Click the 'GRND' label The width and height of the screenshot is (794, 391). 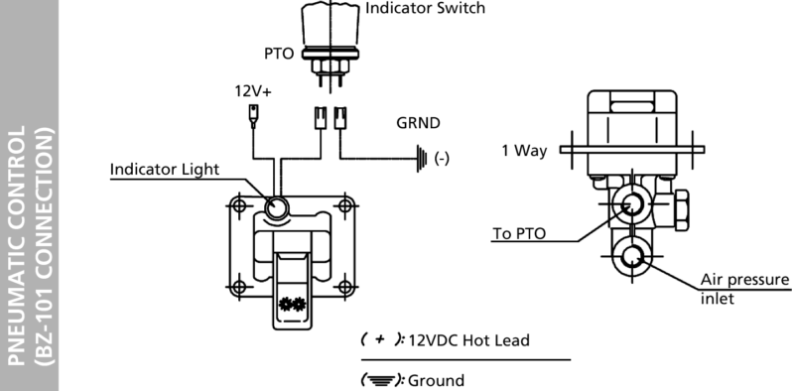coord(418,126)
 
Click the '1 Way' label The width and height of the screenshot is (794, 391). coord(524,151)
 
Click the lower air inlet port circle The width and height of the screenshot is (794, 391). coord(631,260)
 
